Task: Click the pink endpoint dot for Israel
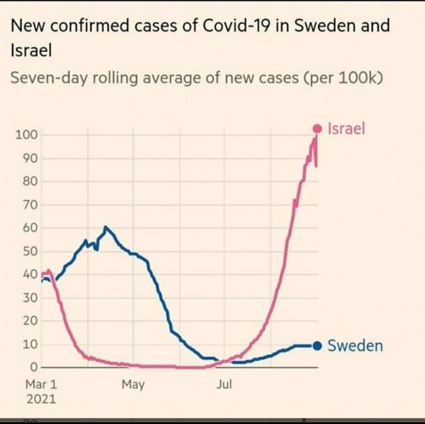click(x=317, y=129)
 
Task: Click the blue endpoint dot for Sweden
click(x=317, y=346)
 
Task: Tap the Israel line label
click(x=346, y=129)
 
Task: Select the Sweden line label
click(x=355, y=346)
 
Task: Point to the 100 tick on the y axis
click(x=26, y=135)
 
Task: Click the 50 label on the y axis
click(x=31, y=251)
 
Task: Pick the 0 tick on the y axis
click(x=34, y=368)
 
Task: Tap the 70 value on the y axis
click(x=31, y=205)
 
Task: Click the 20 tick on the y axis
click(x=31, y=321)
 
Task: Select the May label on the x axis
click(x=133, y=385)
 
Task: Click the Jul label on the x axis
click(x=224, y=384)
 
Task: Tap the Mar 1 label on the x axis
click(x=42, y=385)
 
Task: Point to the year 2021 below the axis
click(x=42, y=399)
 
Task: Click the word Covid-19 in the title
click(x=236, y=26)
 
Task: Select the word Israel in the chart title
click(x=31, y=51)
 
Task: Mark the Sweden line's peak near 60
click(x=105, y=227)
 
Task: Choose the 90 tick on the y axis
click(x=31, y=158)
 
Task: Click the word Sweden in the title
click(x=320, y=26)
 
